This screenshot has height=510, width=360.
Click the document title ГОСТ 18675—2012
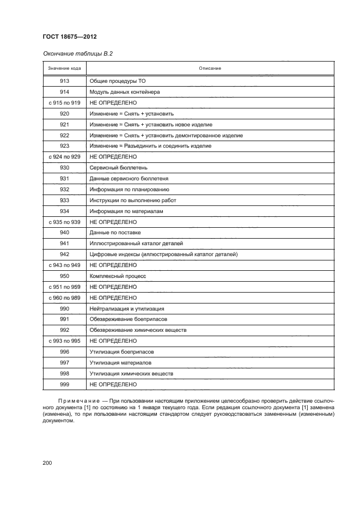click(70, 37)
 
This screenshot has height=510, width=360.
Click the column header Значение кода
click(64, 68)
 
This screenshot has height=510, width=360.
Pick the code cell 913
click(64, 82)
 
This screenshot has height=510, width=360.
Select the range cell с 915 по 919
click(64, 102)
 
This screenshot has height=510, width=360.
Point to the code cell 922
click(64, 136)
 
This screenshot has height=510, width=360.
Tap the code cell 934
click(64, 211)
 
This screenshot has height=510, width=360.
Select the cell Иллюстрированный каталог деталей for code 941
click(136, 244)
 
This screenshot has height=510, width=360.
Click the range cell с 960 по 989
click(64, 297)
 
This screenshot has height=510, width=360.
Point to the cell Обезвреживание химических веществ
click(138, 330)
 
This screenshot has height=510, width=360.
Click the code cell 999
click(64, 384)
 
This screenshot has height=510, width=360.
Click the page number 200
click(47, 463)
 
